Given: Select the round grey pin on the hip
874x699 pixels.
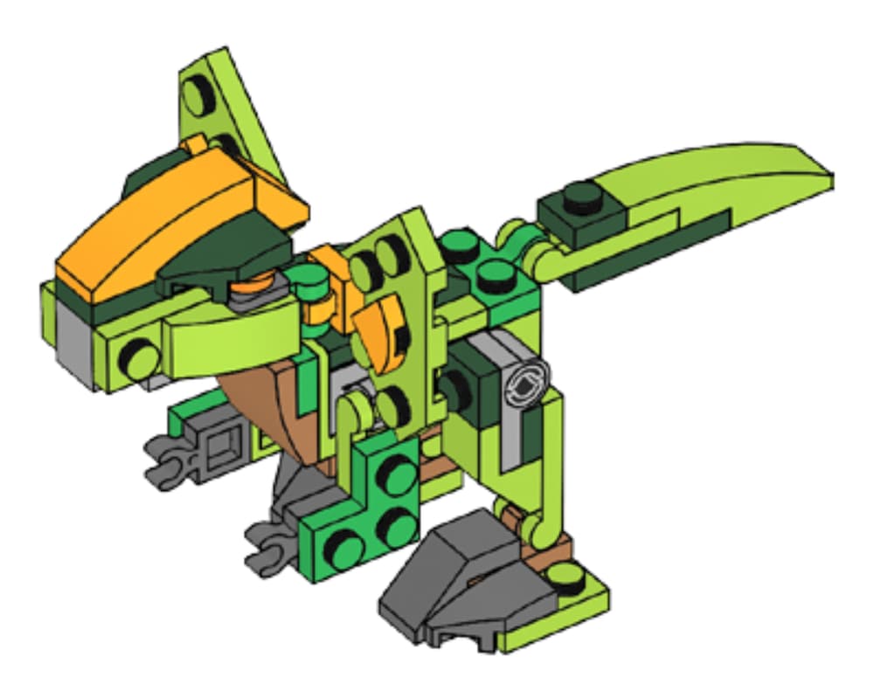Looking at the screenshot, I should [529, 381].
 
